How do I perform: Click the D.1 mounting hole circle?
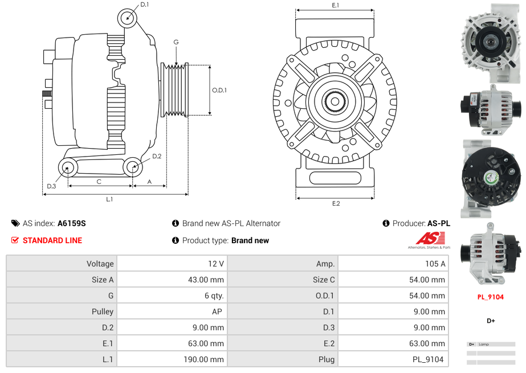[x=128, y=18]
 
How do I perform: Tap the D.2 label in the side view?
[x=157, y=156]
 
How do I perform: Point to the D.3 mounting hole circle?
[x=68, y=167]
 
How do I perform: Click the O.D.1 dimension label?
[x=219, y=90]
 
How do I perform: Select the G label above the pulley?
[x=176, y=42]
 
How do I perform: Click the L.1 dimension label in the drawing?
[x=109, y=199]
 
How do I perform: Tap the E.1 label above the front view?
[x=336, y=5]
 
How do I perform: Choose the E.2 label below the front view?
[x=336, y=204]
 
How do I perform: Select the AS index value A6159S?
[x=72, y=224]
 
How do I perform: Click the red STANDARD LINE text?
[x=52, y=240]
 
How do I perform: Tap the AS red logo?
[x=425, y=238]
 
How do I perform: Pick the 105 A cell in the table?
[x=435, y=264]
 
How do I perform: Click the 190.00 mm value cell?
[x=209, y=359]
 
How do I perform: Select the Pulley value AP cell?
[x=218, y=311]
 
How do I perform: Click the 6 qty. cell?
[x=214, y=296]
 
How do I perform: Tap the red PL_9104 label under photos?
[x=490, y=297]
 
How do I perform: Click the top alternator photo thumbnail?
[x=490, y=41]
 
